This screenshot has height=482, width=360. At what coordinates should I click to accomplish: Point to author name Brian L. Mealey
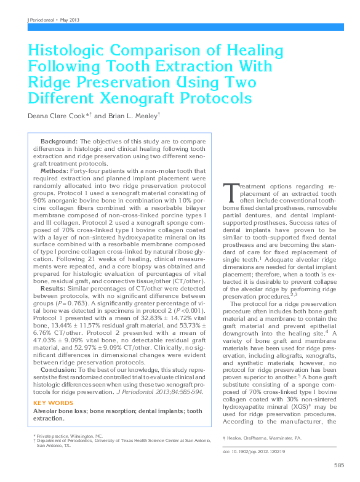coord(132,115)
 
